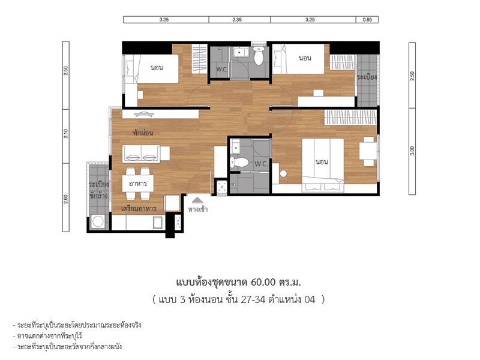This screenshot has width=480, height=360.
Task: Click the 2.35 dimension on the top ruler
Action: [237, 20]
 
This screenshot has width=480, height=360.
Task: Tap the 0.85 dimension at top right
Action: [367, 20]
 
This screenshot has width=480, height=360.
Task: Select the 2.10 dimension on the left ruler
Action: [66, 134]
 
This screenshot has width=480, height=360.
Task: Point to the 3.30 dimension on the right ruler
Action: [412, 151]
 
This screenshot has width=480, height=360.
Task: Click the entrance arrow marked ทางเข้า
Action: [198, 200]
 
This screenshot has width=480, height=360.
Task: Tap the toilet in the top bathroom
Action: [259, 55]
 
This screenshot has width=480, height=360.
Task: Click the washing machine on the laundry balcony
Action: [98, 221]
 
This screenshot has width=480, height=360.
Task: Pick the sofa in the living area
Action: [142, 154]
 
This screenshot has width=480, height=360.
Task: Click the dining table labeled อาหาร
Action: [138, 184]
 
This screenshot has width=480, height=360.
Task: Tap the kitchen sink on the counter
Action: [158, 222]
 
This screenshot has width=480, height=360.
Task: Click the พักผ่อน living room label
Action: [143, 133]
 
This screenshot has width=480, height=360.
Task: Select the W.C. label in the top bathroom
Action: [222, 69]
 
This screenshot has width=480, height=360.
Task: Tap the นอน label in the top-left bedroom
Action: [157, 68]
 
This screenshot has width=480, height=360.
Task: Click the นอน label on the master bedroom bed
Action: [322, 161]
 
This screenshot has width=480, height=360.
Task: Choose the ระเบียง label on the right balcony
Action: [367, 77]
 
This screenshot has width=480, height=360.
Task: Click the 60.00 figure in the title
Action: [263, 282]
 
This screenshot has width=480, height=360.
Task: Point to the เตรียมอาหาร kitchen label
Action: [139, 209]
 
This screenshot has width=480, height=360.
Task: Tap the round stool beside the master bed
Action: [283, 174]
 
